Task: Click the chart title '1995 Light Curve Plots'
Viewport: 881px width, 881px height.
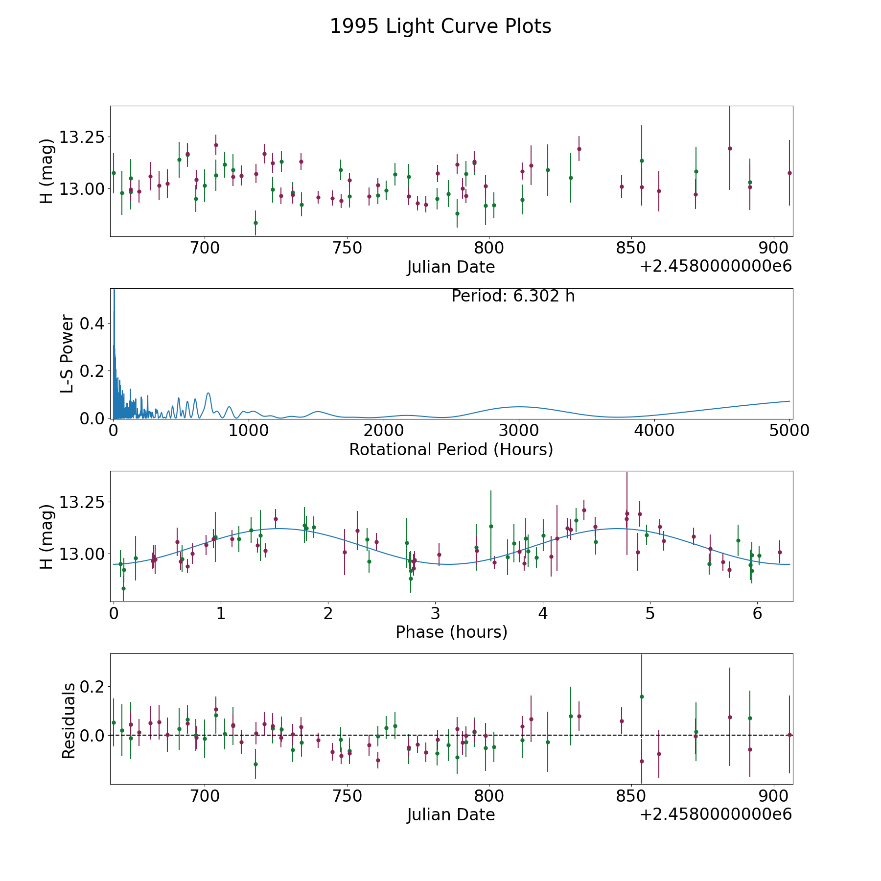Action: click(440, 26)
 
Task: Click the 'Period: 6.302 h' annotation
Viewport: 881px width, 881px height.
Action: click(513, 296)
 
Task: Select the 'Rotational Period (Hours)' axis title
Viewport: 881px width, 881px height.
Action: click(451, 449)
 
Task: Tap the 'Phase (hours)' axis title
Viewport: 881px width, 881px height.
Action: click(451, 632)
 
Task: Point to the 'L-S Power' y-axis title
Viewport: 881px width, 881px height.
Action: click(68, 354)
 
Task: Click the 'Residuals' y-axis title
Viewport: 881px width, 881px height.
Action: click(69, 720)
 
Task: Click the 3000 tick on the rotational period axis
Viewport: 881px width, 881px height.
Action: click(519, 430)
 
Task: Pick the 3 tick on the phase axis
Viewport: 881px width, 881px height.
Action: click(435, 613)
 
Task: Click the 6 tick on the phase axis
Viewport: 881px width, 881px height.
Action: click(757, 613)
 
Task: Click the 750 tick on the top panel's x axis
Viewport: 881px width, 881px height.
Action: click(347, 248)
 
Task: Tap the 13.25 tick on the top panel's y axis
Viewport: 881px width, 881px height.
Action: click(82, 137)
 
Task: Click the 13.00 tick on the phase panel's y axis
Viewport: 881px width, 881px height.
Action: click(82, 554)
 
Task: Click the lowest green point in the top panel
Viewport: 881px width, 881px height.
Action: click(255, 223)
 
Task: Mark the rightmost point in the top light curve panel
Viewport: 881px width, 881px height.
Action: click(789, 173)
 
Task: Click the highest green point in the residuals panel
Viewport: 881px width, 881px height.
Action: click(642, 696)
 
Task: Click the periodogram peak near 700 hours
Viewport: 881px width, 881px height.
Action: click(208, 393)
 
